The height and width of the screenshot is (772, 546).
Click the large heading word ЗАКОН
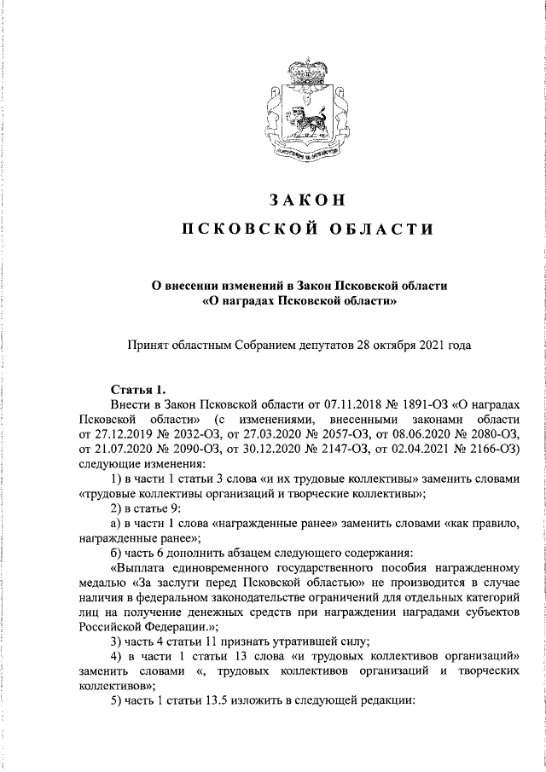pos(305,200)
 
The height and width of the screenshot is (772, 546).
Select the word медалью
pos(105,583)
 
